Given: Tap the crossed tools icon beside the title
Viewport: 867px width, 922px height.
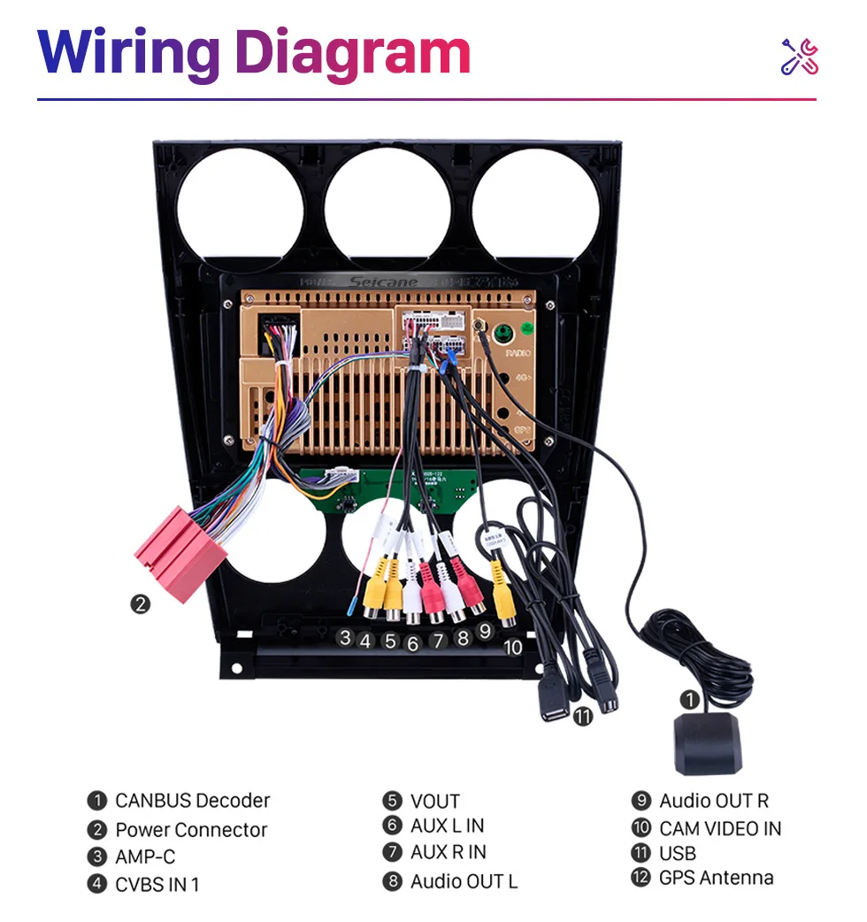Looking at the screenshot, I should [x=799, y=56].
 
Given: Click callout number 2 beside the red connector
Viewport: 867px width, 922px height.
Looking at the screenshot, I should [x=141, y=605].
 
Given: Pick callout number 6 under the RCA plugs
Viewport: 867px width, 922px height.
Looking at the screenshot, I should [x=412, y=644].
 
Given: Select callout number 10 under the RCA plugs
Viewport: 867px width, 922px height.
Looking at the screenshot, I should [x=513, y=647].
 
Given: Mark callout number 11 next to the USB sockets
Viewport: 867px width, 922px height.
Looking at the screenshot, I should [x=582, y=717].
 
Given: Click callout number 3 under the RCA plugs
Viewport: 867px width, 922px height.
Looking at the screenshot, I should [x=345, y=637].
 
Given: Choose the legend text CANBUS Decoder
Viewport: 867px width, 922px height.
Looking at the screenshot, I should [x=192, y=801].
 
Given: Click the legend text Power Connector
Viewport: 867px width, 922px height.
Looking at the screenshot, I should [x=191, y=830].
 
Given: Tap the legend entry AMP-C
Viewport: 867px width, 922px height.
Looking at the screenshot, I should [x=145, y=857].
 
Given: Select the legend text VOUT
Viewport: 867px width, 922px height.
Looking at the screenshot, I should [x=434, y=802].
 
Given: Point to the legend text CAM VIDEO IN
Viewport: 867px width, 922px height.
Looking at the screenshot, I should [x=719, y=829].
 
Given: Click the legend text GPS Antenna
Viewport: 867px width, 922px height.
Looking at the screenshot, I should [x=716, y=878].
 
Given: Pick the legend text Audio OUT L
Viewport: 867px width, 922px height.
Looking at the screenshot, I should [x=464, y=881].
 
